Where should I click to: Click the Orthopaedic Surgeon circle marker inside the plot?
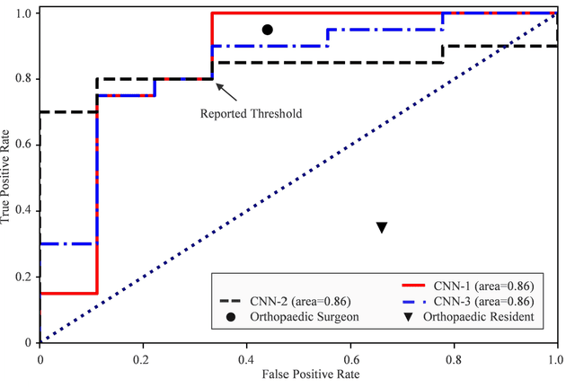coord(267,30)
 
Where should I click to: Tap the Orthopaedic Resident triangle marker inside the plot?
coord(381,228)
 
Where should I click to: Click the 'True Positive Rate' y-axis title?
coord(7,176)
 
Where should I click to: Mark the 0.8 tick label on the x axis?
coord(454,356)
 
